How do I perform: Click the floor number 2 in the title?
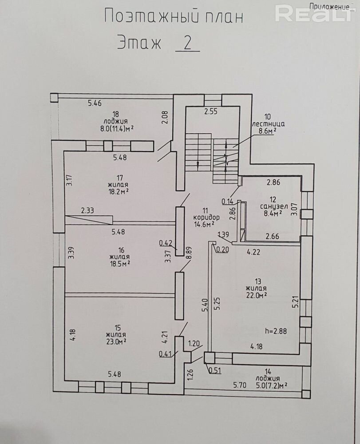pyautogui.click(x=187, y=43)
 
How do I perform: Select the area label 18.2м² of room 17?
pyautogui.click(x=118, y=192)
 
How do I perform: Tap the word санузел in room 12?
pyautogui.click(x=274, y=206)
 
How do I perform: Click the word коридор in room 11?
pyautogui.click(x=206, y=218)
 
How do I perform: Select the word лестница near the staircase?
pyautogui.click(x=268, y=124)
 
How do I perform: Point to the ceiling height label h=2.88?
pyautogui.click(x=276, y=331)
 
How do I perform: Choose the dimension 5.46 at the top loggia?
pyautogui.click(x=95, y=103)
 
